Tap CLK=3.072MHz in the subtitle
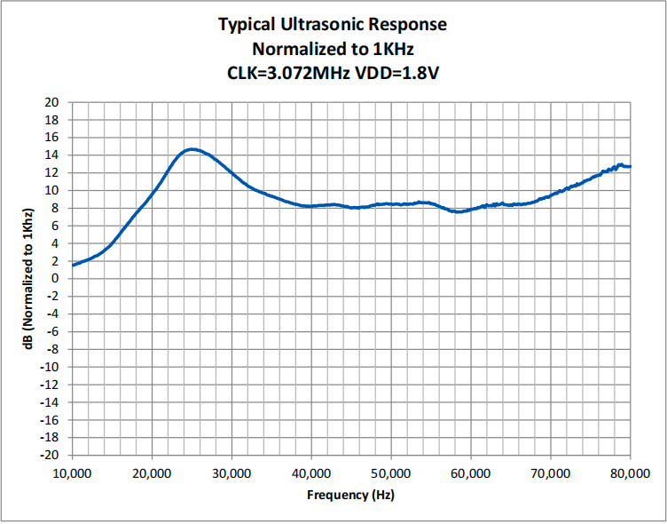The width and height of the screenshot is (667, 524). pos(289,74)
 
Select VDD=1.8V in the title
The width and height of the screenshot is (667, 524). pos(396,74)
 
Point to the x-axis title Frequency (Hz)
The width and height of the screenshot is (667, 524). pos(350,495)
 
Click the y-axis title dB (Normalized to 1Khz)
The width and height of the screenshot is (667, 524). pos(28,279)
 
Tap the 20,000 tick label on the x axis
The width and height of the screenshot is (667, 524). pos(152,473)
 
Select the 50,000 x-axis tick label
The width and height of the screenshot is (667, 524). pos(391,473)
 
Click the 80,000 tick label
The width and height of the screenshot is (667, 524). pos(631,473)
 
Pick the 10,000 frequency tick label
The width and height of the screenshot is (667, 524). pos(73,473)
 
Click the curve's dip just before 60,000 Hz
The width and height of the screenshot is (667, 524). pos(459,211)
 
